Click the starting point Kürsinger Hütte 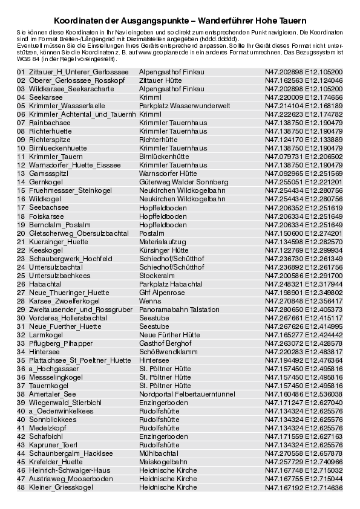tap(163, 250)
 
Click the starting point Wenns tap(150, 300)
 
